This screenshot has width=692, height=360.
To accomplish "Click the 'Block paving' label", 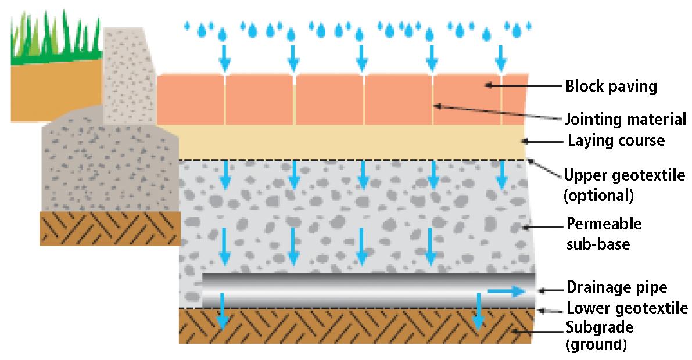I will tap(611, 87).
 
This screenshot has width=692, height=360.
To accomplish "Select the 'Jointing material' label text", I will tap(625, 120).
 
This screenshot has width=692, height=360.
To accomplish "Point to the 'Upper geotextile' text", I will tap(625, 175).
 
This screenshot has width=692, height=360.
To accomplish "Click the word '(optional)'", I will tap(598, 195).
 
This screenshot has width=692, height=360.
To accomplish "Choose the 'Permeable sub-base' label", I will tap(604, 233).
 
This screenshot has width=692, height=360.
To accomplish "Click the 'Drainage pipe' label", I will tap(616, 287).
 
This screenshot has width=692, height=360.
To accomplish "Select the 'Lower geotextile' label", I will tap(626, 308).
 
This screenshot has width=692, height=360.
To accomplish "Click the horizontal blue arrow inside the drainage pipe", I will tap(506, 291).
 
